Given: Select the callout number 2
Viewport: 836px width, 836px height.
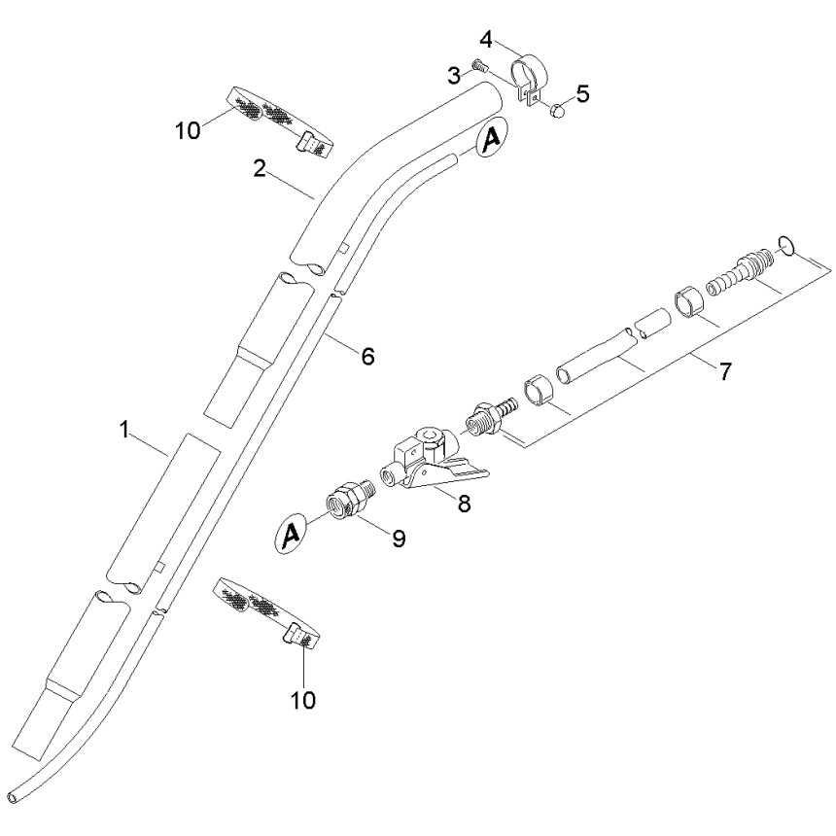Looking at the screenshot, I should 260,167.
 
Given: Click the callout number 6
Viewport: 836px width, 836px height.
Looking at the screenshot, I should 367,357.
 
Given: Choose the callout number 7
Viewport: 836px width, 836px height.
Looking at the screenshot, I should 726,370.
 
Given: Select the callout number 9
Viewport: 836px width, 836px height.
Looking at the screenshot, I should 399,539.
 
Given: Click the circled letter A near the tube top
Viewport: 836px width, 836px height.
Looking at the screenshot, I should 492,140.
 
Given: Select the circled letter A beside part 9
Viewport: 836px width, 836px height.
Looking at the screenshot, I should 289,533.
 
